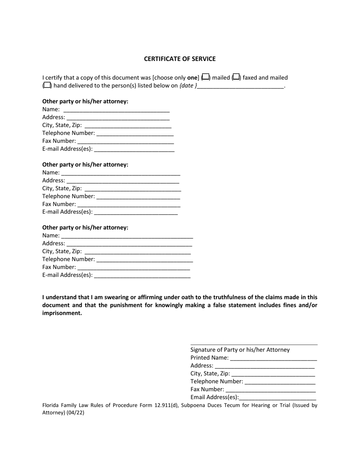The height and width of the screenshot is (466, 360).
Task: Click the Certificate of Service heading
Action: (x=180, y=59)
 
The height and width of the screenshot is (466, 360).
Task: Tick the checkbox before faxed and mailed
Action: (x=236, y=77)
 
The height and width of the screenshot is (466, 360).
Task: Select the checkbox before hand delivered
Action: (x=47, y=85)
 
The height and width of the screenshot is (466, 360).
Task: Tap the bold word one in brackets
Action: (x=192, y=78)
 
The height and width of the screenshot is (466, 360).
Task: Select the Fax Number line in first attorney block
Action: (x=125, y=141)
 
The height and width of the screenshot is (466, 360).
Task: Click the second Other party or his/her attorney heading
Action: (x=85, y=164)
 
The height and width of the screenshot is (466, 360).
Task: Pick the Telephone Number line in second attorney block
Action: (x=138, y=197)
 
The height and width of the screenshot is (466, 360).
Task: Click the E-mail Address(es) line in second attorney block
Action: (x=136, y=212)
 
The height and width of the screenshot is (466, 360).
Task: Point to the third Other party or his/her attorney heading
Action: (x=85, y=227)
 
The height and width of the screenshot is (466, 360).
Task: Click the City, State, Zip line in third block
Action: (x=138, y=252)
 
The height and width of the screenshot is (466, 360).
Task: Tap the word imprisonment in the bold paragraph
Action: (x=62, y=313)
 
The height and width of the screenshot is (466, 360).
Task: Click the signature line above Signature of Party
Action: (x=254, y=344)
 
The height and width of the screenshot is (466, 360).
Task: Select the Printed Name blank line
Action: (x=273, y=358)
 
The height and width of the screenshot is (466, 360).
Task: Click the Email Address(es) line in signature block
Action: (x=278, y=398)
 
